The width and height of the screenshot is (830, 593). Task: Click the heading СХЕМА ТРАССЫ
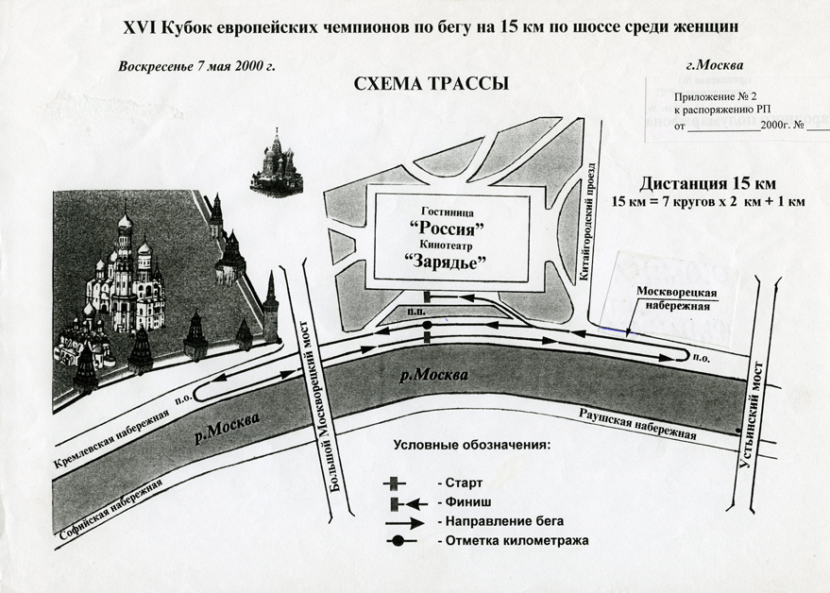[431, 84]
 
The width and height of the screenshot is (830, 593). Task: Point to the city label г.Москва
[713, 65]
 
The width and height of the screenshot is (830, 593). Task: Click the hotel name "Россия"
[449, 229]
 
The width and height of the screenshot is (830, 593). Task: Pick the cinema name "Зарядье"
[449, 263]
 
